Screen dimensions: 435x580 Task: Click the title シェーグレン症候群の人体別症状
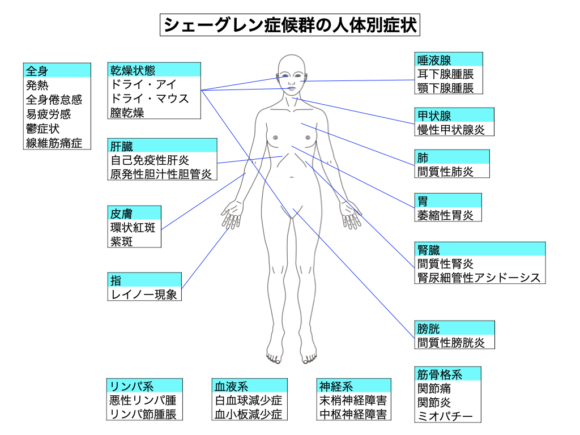290,25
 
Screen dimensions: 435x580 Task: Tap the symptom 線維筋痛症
54,143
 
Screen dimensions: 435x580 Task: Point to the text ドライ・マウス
150,99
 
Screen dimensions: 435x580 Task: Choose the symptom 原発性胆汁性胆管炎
161,174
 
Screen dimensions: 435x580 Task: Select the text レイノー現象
144,294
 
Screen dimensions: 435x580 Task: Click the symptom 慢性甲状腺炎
451,130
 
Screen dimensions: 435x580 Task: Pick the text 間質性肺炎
445,171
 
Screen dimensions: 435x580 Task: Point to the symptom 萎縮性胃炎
445,215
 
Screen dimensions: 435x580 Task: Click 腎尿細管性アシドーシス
479,278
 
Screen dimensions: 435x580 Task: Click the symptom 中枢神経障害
353,414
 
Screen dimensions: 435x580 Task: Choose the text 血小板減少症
248,414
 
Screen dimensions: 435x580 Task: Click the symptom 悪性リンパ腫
143,400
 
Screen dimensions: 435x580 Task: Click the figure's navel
292,177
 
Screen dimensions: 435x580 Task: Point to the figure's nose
292,80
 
